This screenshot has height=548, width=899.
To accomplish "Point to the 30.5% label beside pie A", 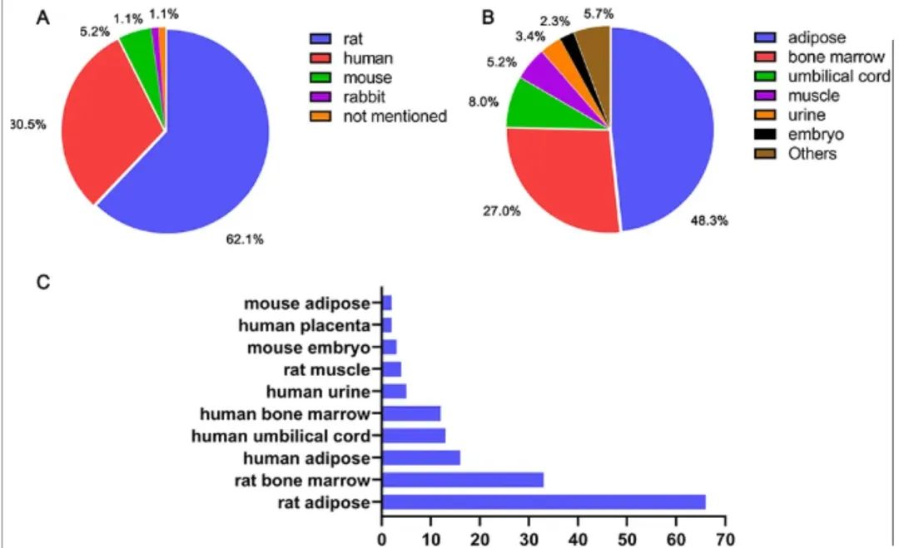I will coord(27,124).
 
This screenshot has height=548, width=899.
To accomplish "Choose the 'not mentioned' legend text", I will coord(395,116).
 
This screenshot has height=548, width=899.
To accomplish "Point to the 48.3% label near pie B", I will coord(707,222).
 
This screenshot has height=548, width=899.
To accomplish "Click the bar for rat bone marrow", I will coord(463,479).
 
